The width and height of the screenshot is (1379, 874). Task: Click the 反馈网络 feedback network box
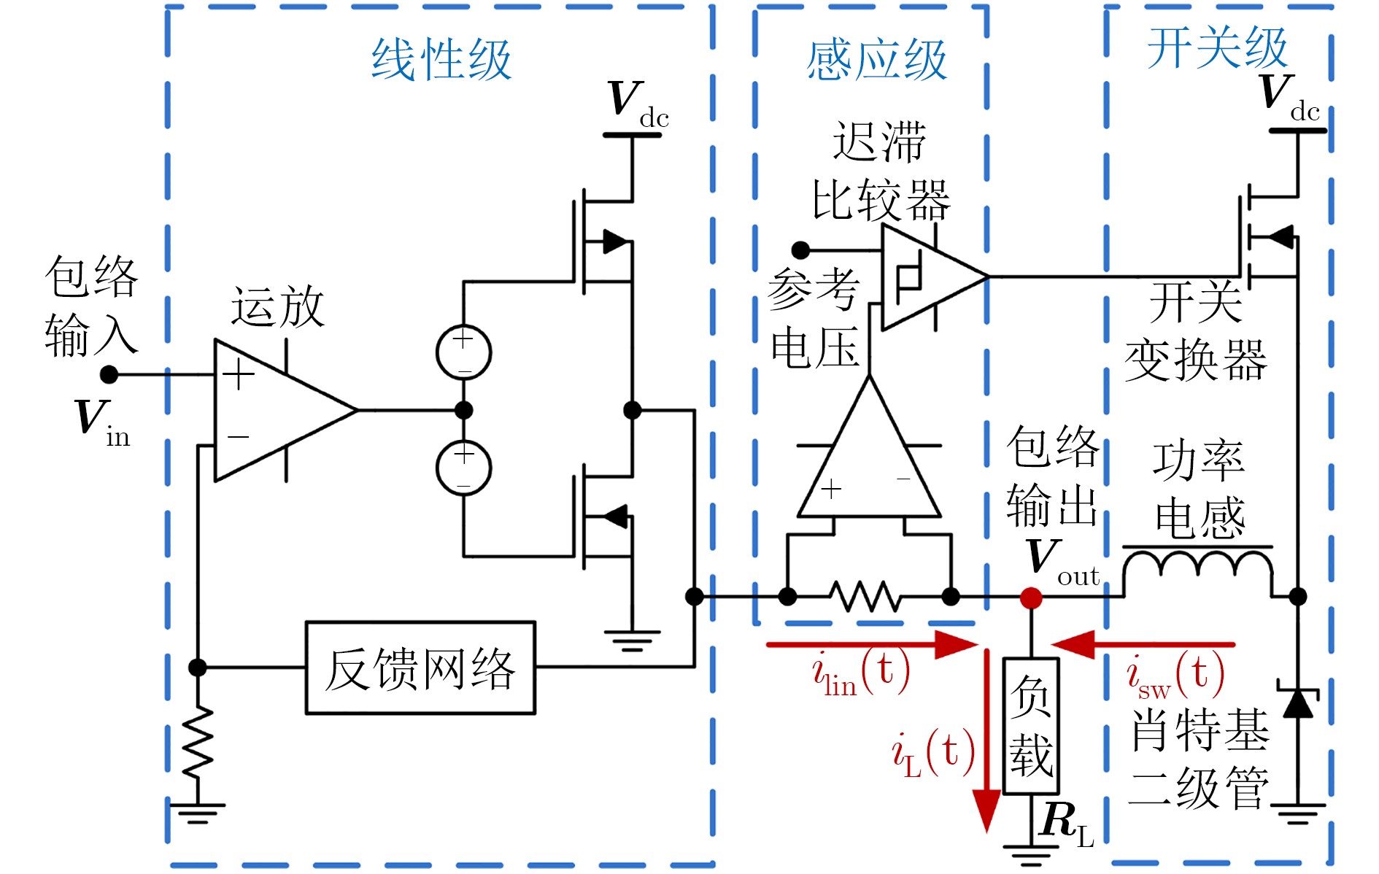(420, 668)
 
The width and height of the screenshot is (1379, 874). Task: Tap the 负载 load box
(1031, 726)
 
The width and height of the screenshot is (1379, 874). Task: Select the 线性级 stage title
(441, 60)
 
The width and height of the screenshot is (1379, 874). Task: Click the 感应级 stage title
(876, 60)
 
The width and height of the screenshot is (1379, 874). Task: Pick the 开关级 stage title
(1217, 48)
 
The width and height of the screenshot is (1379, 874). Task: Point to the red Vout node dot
(1031, 598)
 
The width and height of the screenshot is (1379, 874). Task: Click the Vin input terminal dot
(109, 374)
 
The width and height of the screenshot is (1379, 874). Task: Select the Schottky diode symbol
(1297, 702)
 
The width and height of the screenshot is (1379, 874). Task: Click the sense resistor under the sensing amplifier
(868, 596)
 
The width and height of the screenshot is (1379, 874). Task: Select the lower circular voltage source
(463, 468)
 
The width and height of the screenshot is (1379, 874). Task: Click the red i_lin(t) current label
(861, 673)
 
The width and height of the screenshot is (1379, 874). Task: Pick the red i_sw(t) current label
(1175, 675)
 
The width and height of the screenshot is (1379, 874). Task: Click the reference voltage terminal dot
(801, 250)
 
